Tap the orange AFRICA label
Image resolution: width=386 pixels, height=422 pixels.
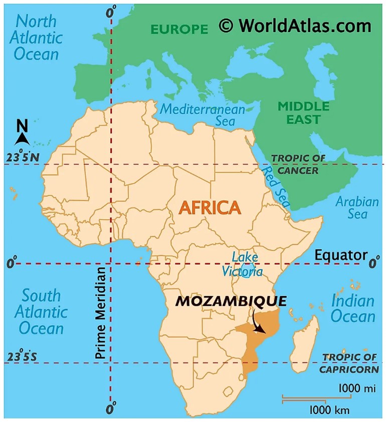210,207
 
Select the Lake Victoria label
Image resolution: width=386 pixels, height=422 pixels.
244,265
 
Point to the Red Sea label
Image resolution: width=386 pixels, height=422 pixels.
276,187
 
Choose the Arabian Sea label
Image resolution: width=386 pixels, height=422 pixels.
357,208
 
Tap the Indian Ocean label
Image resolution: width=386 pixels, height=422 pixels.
352,308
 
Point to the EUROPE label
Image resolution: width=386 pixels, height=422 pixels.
179,29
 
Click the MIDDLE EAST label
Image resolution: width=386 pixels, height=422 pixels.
304,113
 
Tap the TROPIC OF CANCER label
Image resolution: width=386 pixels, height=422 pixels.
298,164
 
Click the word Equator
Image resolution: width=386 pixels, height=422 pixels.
341,255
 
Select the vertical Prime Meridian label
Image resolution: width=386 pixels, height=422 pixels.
101,312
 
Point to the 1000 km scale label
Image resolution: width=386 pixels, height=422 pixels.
329,410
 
